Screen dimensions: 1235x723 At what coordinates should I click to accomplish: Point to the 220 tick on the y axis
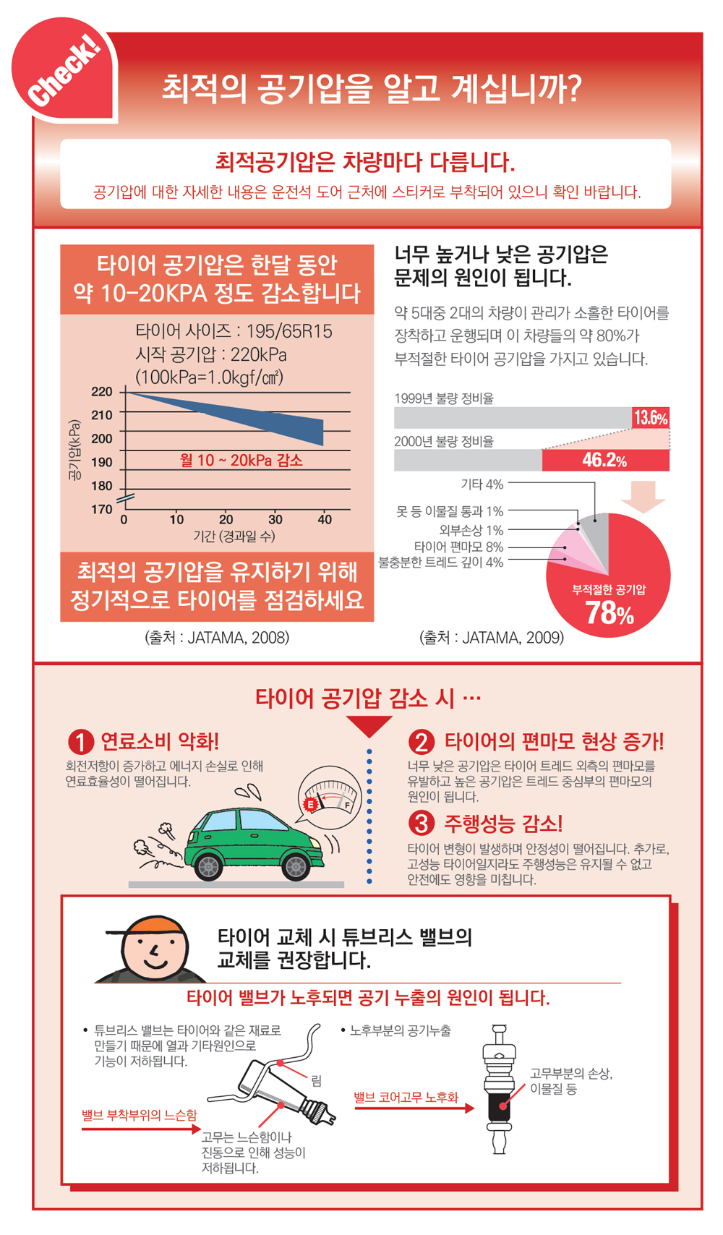102,392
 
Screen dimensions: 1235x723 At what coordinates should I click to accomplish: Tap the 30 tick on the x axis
275,519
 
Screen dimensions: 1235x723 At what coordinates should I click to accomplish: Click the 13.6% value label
650,418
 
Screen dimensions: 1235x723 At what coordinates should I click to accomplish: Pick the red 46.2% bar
605,461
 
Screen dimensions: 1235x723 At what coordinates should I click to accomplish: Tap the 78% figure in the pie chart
609,613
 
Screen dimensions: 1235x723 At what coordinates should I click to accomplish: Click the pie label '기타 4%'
482,484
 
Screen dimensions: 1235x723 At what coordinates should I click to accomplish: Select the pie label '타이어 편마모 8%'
458,547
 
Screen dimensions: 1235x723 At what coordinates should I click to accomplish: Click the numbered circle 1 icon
81,742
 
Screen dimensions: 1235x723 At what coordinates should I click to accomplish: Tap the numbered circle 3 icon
422,823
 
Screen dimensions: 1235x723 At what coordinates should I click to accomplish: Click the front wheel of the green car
296,866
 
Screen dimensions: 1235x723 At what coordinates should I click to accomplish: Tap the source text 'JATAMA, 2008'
238,638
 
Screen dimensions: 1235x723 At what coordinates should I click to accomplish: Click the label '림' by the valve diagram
317,1081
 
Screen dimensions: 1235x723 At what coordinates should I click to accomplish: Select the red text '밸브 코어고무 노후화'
406,1098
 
